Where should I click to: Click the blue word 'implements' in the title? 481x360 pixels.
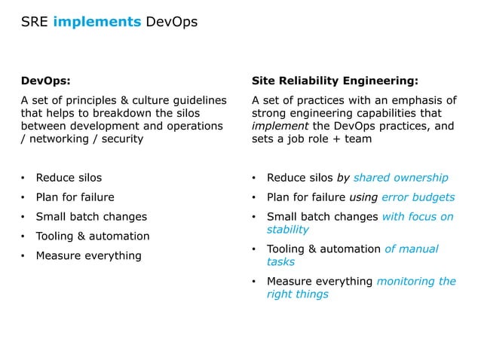tap(97, 22)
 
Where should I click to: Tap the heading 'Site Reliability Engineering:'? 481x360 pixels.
tap(335, 81)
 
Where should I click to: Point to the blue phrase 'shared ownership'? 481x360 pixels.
tap(400, 178)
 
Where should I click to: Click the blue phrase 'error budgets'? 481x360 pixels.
tap(418, 197)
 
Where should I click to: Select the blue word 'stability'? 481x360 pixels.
tap(287, 230)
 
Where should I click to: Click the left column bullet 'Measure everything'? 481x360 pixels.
tap(88, 255)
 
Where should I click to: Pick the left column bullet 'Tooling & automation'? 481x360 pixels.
tap(93, 236)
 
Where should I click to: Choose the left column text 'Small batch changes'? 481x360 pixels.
tap(91, 217)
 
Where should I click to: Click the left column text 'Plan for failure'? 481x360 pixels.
tap(75, 197)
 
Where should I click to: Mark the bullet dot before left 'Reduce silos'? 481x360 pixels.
tap(23, 178)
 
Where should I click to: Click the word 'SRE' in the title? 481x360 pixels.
tap(34, 22)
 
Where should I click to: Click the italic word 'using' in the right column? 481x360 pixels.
tap(363, 197)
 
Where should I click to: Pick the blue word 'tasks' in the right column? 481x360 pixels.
tap(280, 262)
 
